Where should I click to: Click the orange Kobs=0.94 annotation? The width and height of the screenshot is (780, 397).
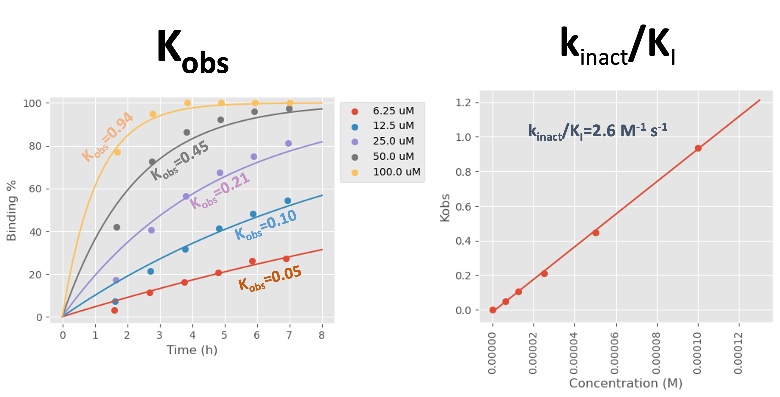point(107,137)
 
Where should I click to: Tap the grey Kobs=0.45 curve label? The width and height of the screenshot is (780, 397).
point(180,161)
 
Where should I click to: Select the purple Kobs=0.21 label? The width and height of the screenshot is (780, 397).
point(220,191)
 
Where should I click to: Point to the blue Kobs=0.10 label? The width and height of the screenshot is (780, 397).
point(266,225)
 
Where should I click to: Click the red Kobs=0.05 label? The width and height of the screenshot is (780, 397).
point(270,279)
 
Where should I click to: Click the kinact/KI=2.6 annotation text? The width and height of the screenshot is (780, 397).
point(597,131)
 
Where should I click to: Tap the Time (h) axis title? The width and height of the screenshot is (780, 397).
point(192,350)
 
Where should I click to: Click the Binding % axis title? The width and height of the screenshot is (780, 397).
point(11,211)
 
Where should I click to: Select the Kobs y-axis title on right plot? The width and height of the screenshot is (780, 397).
point(445,208)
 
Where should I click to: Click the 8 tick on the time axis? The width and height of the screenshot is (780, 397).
point(321,335)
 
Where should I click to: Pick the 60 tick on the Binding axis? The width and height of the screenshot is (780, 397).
point(35,189)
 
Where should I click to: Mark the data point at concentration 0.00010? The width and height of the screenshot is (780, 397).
point(698,148)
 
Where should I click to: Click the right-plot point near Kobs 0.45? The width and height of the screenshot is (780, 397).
point(596,233)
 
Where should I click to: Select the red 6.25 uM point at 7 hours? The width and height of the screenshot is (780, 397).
point(286,259)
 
